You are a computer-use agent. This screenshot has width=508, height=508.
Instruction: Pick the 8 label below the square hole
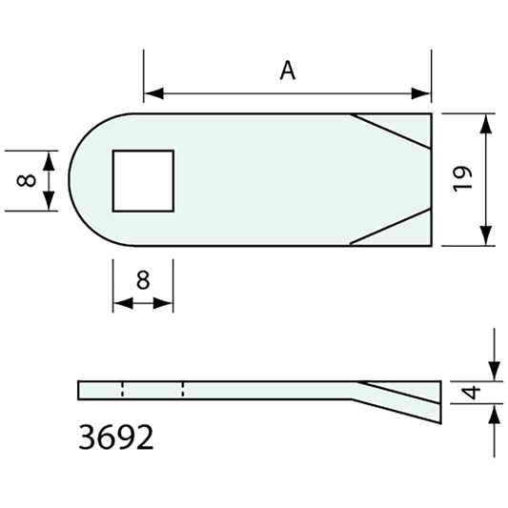tap(143, 280)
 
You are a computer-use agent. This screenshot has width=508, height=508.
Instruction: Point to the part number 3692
tap(114, 438)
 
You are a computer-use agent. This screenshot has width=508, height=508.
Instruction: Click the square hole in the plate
tap(144, 180)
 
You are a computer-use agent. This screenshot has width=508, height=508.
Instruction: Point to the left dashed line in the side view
tap(122, 389)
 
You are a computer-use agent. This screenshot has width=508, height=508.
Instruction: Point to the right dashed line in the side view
tap(182, 389)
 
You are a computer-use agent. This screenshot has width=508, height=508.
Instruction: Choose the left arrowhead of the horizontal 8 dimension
tap(121, 304)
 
